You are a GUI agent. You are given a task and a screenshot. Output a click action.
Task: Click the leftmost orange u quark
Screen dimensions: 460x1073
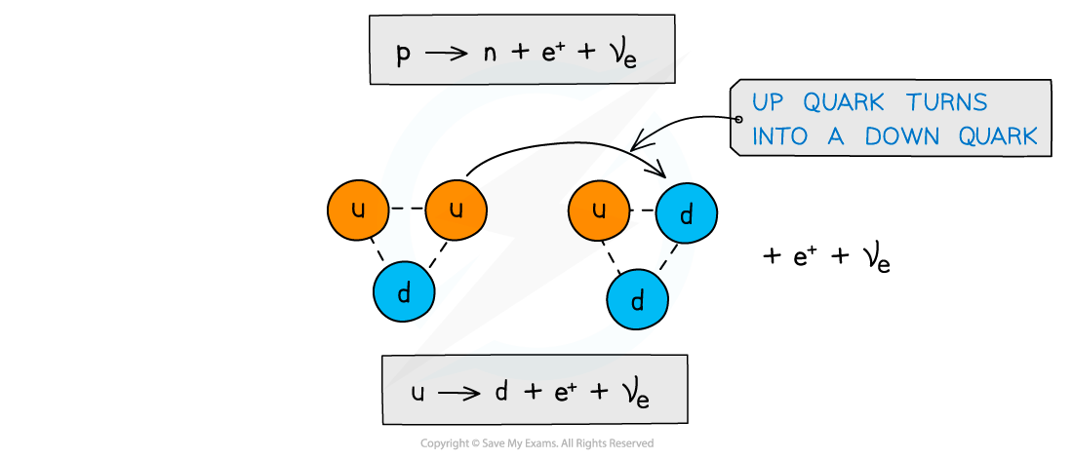click(358, 210)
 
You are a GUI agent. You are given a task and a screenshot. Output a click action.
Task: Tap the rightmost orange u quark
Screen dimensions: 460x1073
click(599, 210)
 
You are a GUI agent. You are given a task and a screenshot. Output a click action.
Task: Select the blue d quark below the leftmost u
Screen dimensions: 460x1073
click(404, 291)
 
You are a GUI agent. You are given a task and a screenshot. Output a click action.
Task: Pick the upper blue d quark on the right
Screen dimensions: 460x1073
click(687, 214)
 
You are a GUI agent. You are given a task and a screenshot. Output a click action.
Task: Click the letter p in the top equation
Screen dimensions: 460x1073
click(403, 54)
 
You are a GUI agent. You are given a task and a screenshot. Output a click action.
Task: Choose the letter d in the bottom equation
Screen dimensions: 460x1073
click(500, 391)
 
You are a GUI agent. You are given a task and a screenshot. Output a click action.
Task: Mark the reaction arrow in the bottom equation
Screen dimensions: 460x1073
click(458, 393)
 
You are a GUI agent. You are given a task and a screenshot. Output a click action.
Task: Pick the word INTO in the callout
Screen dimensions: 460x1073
click(780, 137)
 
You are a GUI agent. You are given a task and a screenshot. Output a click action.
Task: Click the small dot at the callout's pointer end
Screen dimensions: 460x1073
click(738, 119)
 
